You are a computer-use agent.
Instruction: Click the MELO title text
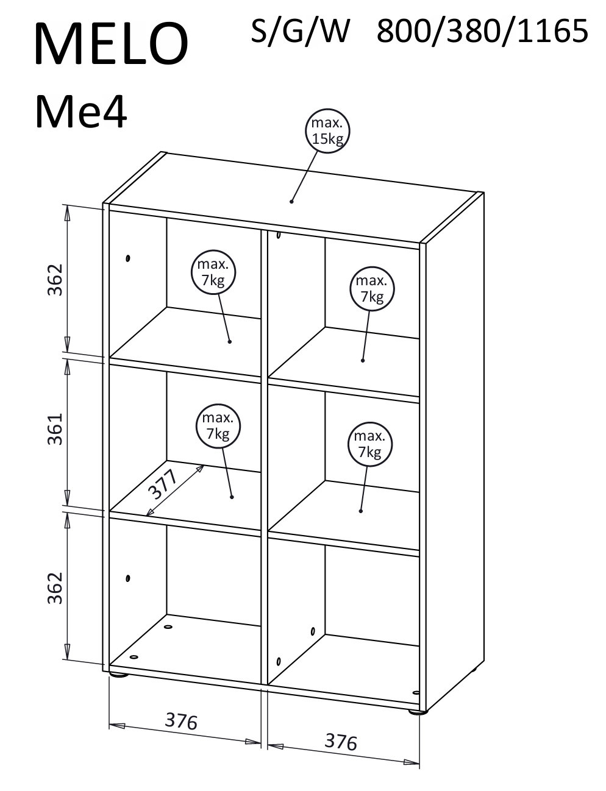tap(112, 44)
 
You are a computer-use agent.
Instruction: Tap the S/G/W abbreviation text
tap(300, 32)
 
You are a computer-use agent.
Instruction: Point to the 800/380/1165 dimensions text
tap(482, 32)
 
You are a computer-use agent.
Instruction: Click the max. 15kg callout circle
tap(327, 130)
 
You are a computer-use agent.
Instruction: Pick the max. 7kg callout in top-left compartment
tap(213, 272)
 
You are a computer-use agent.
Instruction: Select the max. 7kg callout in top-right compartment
tap(372, 288)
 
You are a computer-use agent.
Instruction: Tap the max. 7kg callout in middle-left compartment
tap(218, 425)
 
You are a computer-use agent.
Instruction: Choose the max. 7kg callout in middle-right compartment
tap(369, 444)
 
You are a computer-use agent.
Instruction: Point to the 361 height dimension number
tap(55, 429)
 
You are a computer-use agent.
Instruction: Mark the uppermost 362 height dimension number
tap(55, 280)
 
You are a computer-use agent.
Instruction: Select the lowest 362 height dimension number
tap(55, 588)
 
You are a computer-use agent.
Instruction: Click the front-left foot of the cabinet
tap(119, 675)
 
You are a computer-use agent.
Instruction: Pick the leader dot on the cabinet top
tap(291, 201)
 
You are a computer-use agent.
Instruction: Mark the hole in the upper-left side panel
tap(127, 258)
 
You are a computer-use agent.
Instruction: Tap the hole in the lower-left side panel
tap(127, 578)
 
